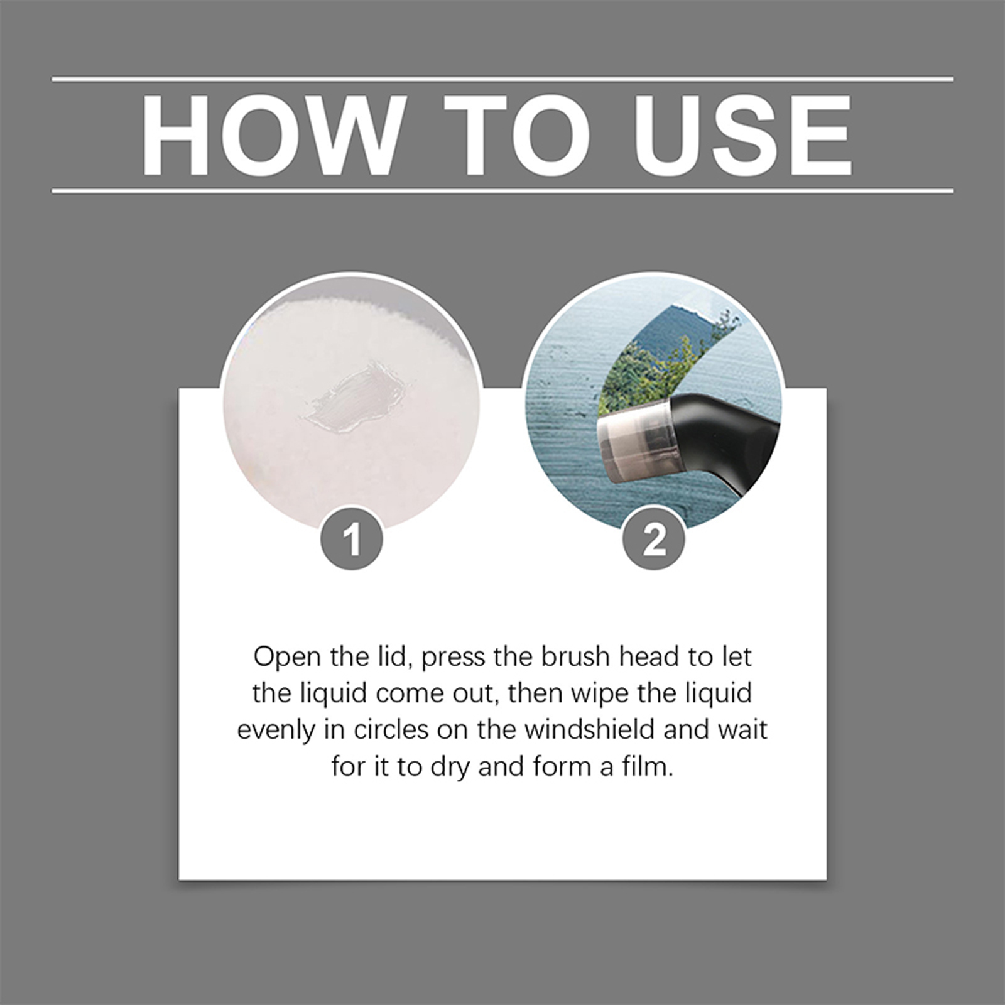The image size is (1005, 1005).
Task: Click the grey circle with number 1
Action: (352, 538)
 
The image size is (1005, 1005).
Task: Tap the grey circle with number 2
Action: (653, 538)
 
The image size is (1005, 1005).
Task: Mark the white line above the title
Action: (503, 80)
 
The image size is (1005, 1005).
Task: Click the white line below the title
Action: (503, 190)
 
